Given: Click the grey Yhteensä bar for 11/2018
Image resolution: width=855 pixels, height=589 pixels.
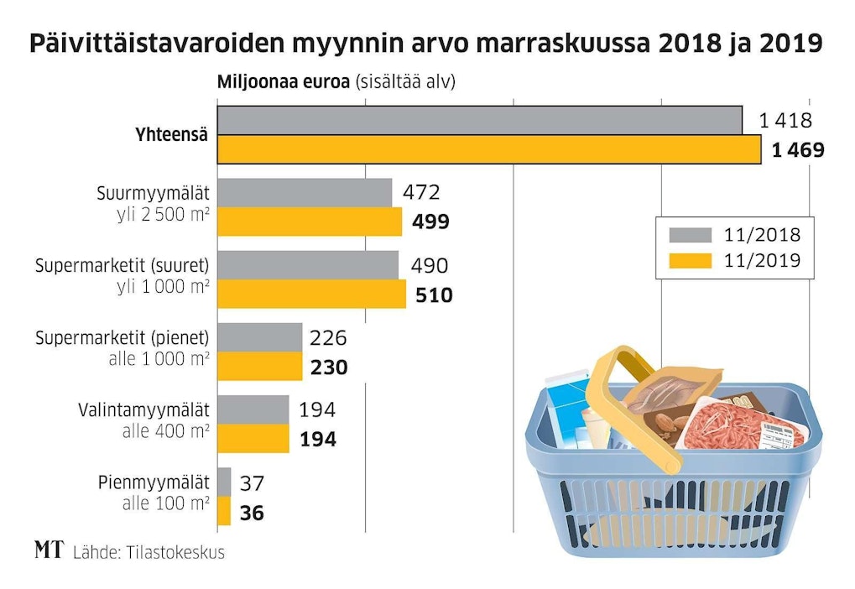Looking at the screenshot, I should click(x=479, y=120).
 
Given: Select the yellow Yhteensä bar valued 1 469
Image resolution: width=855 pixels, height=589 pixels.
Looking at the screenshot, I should click(x=489, y=149).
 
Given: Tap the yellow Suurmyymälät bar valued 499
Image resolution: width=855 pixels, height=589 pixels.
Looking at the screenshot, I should click(x=310, y=222).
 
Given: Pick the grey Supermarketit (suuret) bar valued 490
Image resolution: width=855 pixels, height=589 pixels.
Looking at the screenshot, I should click(x=308, y=265).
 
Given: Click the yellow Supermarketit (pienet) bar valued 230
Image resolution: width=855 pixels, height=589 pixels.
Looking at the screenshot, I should click(x=260, y=367).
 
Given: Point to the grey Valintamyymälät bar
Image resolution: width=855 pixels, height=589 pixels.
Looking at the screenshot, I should click(x=253, y=409).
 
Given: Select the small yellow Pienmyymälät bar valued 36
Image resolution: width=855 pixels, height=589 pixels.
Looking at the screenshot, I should click(x=224, y=511).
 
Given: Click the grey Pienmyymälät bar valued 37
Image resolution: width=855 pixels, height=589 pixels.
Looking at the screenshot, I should click(x=224, y=482).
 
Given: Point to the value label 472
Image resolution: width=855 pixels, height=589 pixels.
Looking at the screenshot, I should click(x=421, y=193).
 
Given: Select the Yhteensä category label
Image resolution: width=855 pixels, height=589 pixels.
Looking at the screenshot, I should click(x=171, y=135).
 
